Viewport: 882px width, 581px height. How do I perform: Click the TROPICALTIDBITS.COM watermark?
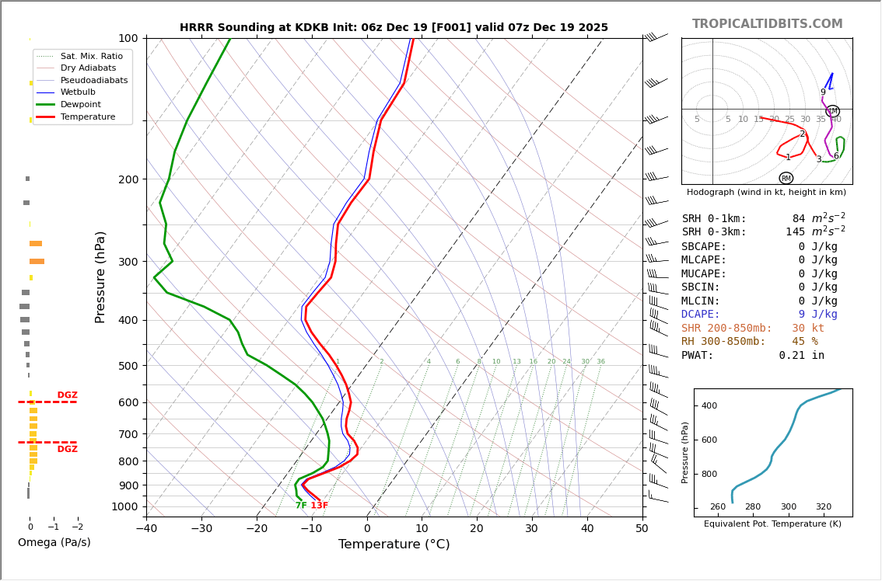coord(767,24)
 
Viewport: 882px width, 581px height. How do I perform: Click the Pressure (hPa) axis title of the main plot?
coord(100,277)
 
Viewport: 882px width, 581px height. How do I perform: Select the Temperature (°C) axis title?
coord(394,544)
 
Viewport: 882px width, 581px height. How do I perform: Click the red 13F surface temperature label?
coord(319,506)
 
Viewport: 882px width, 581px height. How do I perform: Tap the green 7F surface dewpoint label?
coord(301,506)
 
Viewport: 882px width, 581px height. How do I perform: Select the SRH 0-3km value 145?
coord(795,232)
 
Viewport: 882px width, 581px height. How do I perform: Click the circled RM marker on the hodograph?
coord(786,178)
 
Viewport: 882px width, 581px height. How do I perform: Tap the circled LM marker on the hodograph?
coord(832,111)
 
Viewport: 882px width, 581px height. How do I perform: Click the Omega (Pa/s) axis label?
coord(54,542)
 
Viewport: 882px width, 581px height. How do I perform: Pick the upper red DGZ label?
coord(67,395)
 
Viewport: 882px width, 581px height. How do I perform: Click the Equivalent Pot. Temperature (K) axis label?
coord(772,524)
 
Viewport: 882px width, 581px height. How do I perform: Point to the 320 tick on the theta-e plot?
coord(824,507)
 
